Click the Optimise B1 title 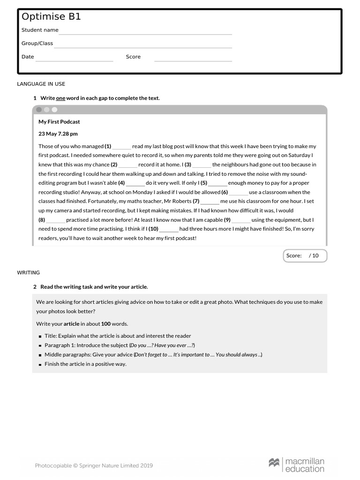point(51,17)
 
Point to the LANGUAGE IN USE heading point(41,84)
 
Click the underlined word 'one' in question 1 point(60,98)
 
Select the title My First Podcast point(59,122)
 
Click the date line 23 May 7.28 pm point(58,134)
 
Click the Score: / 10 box point(305,255)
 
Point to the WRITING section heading point(29,272)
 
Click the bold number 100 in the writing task point(105,324)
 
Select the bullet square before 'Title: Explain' point(40,337)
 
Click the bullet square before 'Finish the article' point(40,365)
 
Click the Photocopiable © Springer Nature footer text point(94,465)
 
